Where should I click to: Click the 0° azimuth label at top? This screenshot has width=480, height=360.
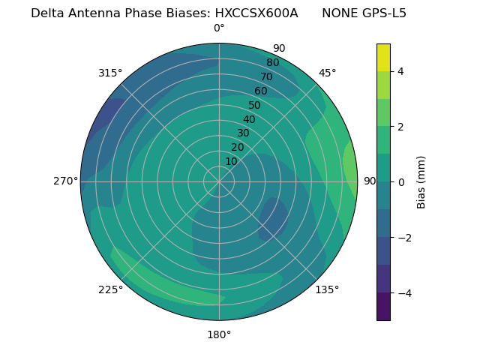(219, 28)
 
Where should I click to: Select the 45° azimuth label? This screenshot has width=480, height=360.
(327, 73)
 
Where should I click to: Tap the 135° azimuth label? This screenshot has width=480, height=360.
(327, 289)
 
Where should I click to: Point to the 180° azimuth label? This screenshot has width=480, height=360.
(219, 334)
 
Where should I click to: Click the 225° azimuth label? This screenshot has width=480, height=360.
(110, 289)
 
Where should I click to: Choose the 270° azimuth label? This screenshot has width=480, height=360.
(65, 181)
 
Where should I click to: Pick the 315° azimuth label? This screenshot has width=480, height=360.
(110, 73)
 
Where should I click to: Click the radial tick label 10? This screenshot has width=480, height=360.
(231, 161)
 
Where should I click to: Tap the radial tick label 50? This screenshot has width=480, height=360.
(254, 106)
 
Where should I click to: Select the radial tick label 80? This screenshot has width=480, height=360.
(272, 63)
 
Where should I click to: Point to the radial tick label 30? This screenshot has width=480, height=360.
(243, 133)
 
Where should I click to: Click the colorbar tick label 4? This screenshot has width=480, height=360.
(400, 71)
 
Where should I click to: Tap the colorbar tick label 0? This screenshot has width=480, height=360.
(400, 182)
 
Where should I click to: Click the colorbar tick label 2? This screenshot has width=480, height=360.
(400, 127)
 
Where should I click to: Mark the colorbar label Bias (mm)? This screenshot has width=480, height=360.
(421, 182)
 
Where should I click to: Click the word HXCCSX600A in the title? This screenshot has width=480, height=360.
(256, 13)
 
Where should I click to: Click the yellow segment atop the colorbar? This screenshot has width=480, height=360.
(383, 58)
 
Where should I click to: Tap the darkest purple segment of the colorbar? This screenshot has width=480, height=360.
(383, 307)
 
